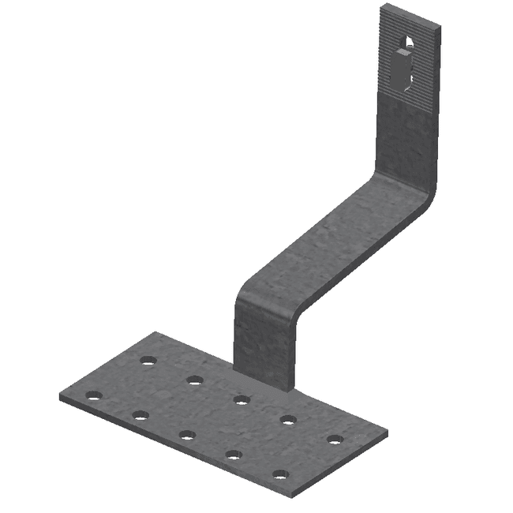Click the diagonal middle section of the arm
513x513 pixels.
point(331,237)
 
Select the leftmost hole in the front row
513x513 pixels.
point(94,395)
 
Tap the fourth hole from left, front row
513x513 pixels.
point(234,455)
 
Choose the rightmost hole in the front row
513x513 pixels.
point(280,475)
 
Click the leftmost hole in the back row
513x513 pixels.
point(148,361)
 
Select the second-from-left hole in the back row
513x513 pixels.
point(194,380)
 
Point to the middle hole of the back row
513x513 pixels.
point(242,400)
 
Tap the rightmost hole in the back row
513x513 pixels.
point(335,440)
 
